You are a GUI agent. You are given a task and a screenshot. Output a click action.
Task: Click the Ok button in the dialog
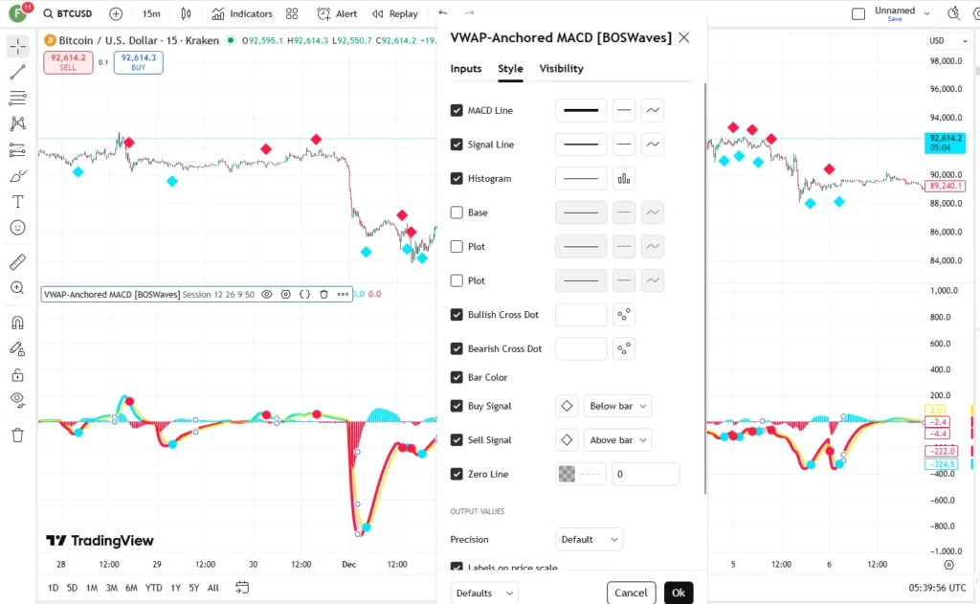tap(679, 593)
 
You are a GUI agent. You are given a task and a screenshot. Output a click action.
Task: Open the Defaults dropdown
tap(484, 593)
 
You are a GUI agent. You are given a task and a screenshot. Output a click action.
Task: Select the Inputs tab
tap(466, 69)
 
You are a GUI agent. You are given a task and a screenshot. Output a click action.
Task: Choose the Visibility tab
tap(561, 69)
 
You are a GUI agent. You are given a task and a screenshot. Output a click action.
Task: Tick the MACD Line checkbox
tap(457, 111)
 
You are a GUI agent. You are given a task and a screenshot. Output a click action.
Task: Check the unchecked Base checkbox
tap(457, 213)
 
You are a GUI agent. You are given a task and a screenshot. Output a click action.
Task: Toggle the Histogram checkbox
tap(457, 179)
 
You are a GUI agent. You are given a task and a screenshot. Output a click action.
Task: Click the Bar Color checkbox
tap(457, 377)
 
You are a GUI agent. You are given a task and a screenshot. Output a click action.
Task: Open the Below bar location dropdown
tap(616, 406)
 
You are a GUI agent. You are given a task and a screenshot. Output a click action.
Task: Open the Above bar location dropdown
tap(617, 440)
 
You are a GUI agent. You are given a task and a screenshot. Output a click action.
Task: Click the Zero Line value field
tap(645, 474)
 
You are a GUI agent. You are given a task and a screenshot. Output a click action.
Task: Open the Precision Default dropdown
tap(588, 540)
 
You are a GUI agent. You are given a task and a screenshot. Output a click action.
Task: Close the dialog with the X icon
tap(683, 38)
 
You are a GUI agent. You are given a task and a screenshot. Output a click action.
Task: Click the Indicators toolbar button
tap(242, 14)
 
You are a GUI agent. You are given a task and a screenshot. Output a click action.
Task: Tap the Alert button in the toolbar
tap(337, 14)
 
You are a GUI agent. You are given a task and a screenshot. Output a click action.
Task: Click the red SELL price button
tap(69, 62)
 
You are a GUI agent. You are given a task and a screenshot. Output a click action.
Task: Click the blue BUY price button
tap(139, 62)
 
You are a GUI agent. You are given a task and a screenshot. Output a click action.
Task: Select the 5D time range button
tap(72, 588)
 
